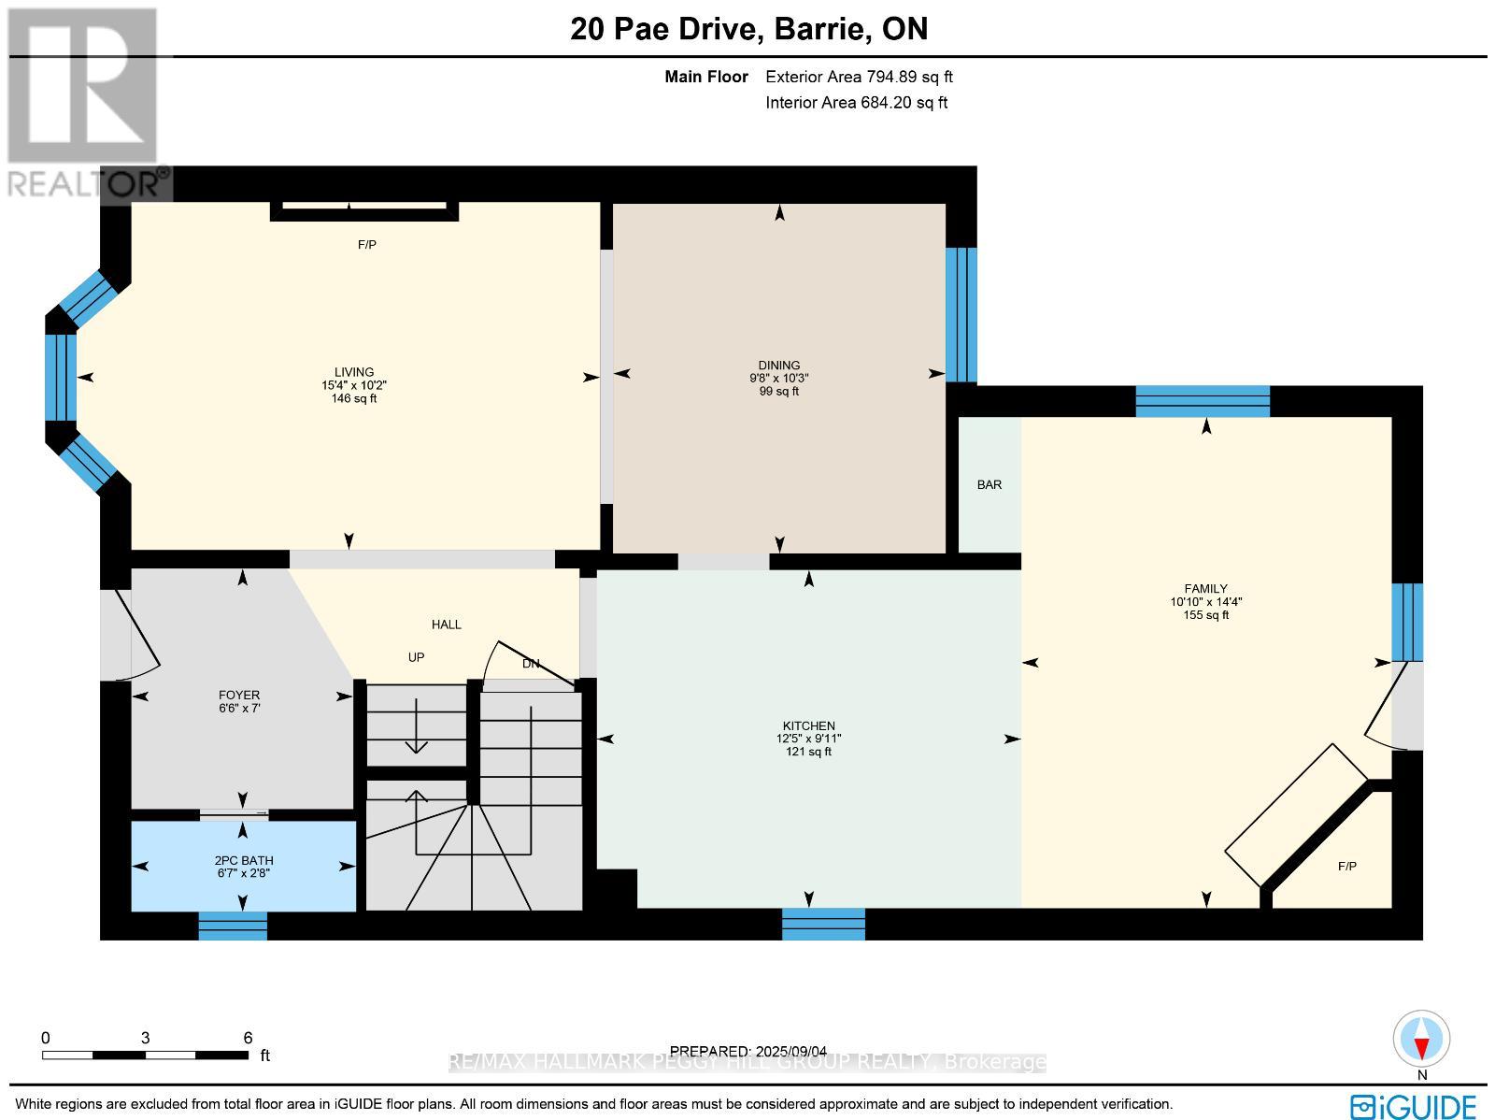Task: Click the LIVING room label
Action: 354,371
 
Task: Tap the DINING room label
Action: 778,366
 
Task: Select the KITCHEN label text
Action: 808,725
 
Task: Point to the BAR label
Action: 989,484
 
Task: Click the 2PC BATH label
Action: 243,860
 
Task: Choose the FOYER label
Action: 238,695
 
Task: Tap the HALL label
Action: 446,625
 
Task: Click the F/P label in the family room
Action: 1346,867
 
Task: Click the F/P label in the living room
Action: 366,245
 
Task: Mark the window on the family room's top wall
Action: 1203,401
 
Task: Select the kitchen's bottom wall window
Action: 823,924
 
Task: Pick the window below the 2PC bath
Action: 233,926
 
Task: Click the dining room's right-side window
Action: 961,315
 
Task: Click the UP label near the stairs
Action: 416,657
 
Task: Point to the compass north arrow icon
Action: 1421,1041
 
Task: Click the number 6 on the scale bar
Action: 248,1038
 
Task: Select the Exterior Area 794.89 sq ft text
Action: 859,78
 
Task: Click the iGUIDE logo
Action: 1414,1107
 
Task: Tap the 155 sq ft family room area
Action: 1205,615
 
